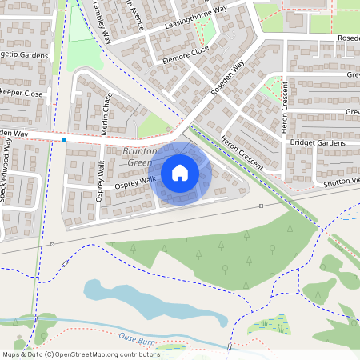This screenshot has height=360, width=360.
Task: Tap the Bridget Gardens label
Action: (x=318, y=142)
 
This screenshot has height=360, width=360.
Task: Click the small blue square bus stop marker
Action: (x=64, y=140)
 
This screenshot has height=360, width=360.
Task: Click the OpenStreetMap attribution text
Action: (x=80, y=354)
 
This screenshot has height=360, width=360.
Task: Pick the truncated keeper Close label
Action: (x=22, y=94)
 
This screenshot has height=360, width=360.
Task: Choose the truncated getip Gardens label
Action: (x=24, y=55)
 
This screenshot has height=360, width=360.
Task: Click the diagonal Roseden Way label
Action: (x=228, y=82)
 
